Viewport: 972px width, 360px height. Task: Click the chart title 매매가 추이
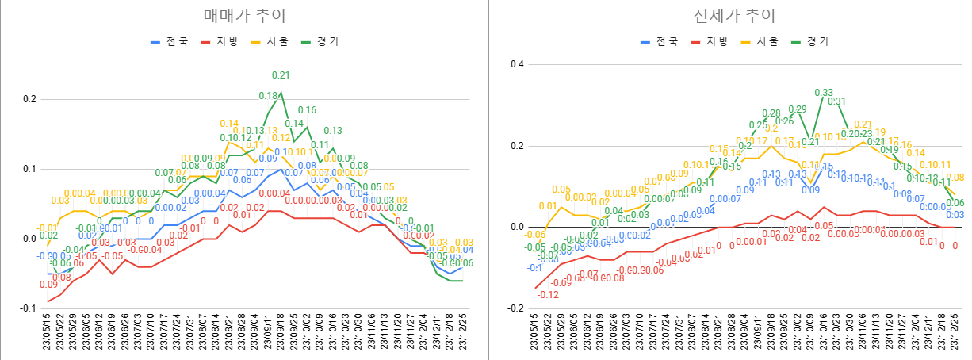tap(244, 16)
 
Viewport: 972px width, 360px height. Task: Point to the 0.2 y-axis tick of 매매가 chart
tap(29, 99)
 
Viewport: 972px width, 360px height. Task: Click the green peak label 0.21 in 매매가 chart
tap(281, 75)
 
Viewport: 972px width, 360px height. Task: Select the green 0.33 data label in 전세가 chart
tap(824, 93)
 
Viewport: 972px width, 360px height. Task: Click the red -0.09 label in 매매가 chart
tap(47, 284)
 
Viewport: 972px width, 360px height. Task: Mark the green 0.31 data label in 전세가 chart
tap(837, 101)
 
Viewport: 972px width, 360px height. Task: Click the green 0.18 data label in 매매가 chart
tap(268, 96)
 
